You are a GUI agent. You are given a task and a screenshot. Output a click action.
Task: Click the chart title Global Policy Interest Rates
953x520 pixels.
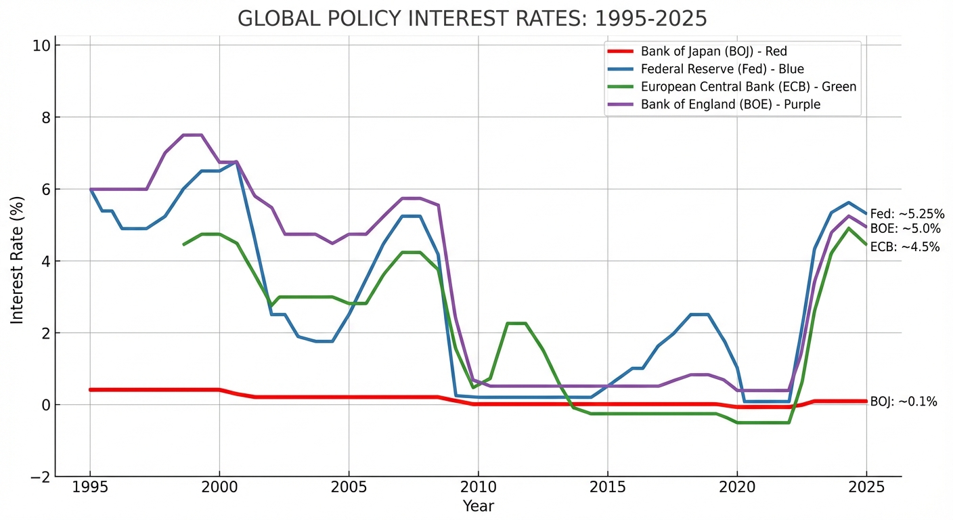pos(472,19)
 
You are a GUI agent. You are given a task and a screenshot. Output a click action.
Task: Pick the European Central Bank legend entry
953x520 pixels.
pos(749,87)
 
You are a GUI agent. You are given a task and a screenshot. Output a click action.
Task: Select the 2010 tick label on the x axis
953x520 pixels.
pos(478,487)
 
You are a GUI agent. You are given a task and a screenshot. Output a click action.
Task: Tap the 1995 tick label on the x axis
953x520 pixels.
pos(90,487)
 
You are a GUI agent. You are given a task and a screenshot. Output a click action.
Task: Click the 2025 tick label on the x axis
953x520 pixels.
pos(866,487)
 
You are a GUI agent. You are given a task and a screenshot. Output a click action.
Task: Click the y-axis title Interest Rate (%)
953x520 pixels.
pos(17,261)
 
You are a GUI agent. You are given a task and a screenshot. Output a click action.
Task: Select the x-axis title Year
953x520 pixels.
pos(478,506)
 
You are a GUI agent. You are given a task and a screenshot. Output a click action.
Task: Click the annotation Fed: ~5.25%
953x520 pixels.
pos(907,214)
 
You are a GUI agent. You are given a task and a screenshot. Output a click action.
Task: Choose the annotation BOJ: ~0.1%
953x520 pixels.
pos(904,402)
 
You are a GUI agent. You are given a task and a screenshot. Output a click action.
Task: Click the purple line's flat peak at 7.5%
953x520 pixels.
pos(192,135)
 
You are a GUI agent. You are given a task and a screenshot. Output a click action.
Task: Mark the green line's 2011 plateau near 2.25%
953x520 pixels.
pos(516,324)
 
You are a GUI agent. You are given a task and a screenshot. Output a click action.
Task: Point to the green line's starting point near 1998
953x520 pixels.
pos(184,244)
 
